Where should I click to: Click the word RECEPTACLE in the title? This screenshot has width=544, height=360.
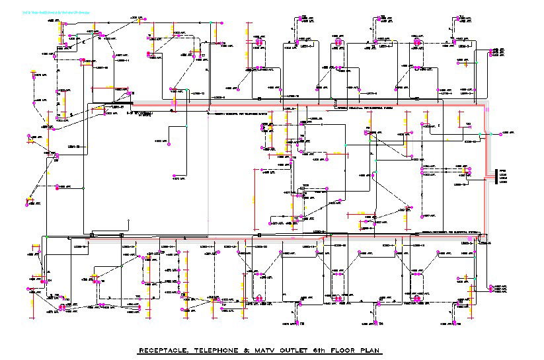[163, 351]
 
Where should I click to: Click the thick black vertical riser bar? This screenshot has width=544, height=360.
[496, 176]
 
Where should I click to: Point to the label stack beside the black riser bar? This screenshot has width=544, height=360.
[503, 176]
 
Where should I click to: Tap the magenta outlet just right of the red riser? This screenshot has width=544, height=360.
[490, 134]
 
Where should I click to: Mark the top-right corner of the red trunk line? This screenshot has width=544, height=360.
[486, 105]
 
